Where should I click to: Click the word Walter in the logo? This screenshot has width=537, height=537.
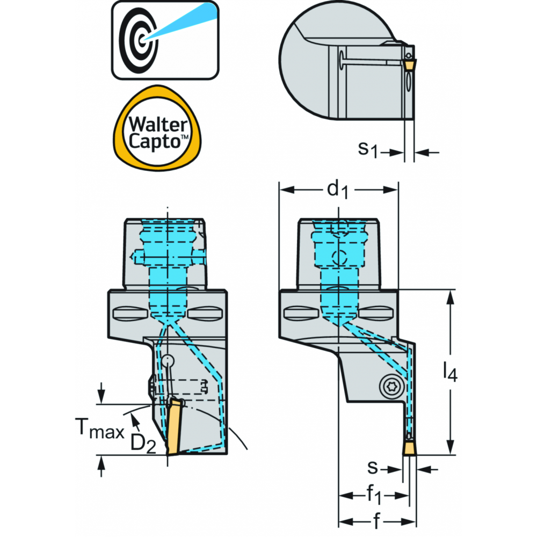(x=158, y=124)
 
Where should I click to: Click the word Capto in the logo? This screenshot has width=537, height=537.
(x=155, y=141)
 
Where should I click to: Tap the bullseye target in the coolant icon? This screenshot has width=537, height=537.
(x=139, y=41)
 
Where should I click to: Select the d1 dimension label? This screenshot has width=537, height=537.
(x=338, y=190)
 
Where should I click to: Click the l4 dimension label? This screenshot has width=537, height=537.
(x=450, y=372)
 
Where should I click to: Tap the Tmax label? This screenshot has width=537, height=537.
(x=99, y=429)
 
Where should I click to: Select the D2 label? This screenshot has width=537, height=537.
(x=143, y=444)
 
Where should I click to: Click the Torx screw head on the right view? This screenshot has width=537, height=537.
(x=391, y=386)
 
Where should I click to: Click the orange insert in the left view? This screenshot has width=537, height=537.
(x=174, y=427)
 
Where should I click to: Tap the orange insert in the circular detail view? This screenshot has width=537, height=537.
(x=409, y=65)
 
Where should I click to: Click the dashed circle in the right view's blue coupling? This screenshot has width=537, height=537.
(x=339, y=257)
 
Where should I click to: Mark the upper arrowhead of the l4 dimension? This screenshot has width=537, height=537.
(x=450, y=297)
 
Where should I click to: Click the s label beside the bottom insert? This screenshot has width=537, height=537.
(x=372, y=468)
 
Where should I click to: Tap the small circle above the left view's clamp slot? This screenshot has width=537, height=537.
(x=168, y=361)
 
